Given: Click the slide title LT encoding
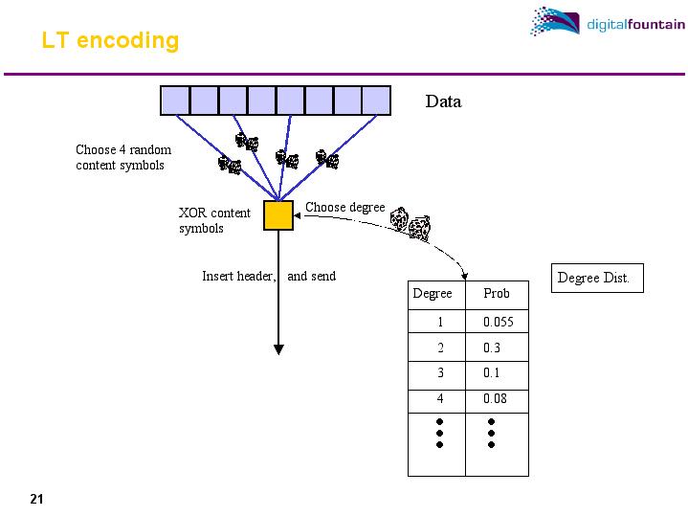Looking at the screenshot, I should coord(110,41).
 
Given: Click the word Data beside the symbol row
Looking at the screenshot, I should coord(443,101).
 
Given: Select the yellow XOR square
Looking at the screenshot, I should coord(278,214).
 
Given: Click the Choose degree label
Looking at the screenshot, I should coord(344,207).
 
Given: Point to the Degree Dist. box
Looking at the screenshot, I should coord(593,279).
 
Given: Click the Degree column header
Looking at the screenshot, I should coord(433,293).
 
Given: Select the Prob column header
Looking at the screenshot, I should coord(497,293).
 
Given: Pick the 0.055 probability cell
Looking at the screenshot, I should coord(499,323).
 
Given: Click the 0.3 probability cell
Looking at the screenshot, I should coord(492,348).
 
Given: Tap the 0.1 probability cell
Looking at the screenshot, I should coord(492,373).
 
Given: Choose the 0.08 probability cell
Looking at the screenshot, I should coord(495,398).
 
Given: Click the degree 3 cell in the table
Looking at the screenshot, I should coord(440,373).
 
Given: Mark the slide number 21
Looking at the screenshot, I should coord(37,499).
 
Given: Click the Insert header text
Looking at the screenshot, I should coord(239,276).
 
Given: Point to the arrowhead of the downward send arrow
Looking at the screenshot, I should coord(278,348).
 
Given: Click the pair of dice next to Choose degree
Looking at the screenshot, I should coord(410,223).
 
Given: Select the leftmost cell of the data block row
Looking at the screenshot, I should coord(175,100).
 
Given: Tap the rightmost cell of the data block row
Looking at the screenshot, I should coord(376,100).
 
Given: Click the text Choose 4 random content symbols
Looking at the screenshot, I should coord(123,158).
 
